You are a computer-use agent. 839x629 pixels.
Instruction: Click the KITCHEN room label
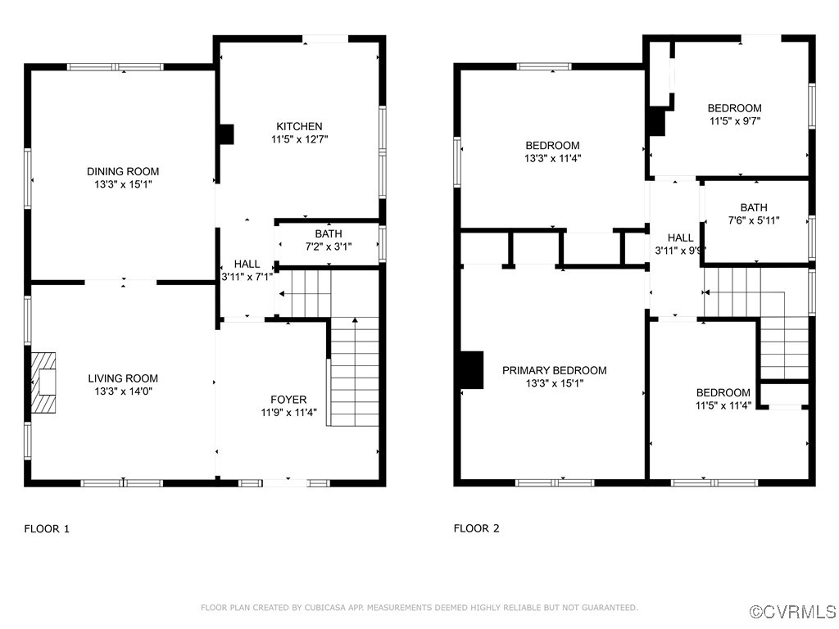[x=299, y=126]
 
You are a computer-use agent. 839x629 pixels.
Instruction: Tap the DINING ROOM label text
[x=123, y=171]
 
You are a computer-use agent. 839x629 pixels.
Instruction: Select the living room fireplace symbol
[x=44, y=382]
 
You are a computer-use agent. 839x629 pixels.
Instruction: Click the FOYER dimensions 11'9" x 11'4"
[x=288, y=413]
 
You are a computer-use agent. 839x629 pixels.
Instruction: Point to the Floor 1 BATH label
[x=329, y=233]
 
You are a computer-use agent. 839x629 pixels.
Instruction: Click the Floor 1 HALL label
[x=247, y=264]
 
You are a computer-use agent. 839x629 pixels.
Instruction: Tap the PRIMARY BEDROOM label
[x=554, y=370]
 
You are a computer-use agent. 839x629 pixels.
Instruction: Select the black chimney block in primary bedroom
[x=470, y=369]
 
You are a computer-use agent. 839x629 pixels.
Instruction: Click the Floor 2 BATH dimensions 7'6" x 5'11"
[x=754, y=220]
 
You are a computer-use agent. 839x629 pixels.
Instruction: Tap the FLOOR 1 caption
[x=47, y=529]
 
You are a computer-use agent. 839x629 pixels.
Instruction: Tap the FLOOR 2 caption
[x=476, y=529]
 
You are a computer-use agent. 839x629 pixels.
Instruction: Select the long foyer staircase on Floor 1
[x=354, y=373]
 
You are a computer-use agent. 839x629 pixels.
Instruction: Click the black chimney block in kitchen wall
[x=226, y=134]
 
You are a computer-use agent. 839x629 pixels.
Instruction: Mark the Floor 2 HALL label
[x=680, y=238]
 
